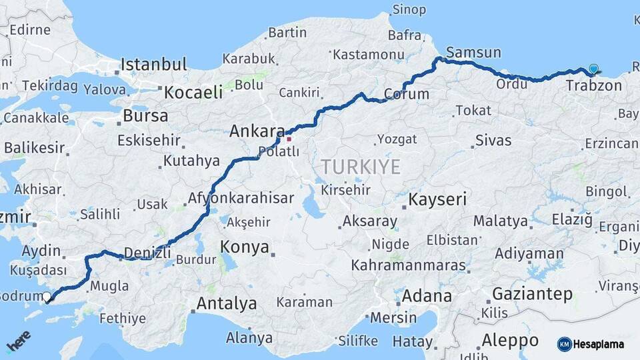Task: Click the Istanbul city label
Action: [154, 65]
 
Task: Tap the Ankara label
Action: [257, 131]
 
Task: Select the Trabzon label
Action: [593, 85]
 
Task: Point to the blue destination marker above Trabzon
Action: [593, 69]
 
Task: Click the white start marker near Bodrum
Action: [47, 298]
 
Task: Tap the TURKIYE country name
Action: [361, 167]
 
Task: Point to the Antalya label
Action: [227, 304]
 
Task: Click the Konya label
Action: [245, 247]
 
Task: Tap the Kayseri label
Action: [437, 199]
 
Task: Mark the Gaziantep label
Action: [532, 294]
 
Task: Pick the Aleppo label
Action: [510, 340]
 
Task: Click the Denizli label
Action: [147, 253]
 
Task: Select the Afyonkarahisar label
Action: [241, 198]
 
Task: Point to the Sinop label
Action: [409, 9]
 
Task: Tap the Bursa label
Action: [145, 115]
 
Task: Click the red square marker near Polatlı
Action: [289, 139]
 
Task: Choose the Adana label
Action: [427, 295]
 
